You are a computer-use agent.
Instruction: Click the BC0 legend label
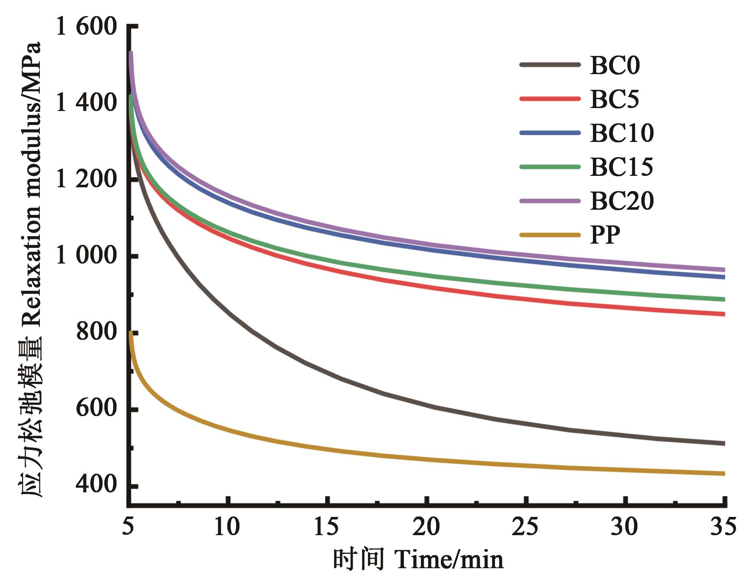(615, 66)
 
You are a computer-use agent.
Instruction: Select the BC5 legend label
(615, 100)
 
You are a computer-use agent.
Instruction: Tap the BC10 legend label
(622, 133)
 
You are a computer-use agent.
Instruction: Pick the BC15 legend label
(622, 167)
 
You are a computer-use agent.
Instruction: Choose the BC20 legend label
(622, 201)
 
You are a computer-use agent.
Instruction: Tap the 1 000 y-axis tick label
(86, 256)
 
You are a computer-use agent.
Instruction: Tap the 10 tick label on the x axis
(228, 527)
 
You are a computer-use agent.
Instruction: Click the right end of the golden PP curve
(724, 473)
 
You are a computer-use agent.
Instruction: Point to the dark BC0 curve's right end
(724, 443)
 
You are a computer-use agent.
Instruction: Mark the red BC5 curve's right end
(724, 314)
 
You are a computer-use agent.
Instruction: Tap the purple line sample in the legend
(550, 200)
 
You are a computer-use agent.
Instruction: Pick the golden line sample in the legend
(550, 234)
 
